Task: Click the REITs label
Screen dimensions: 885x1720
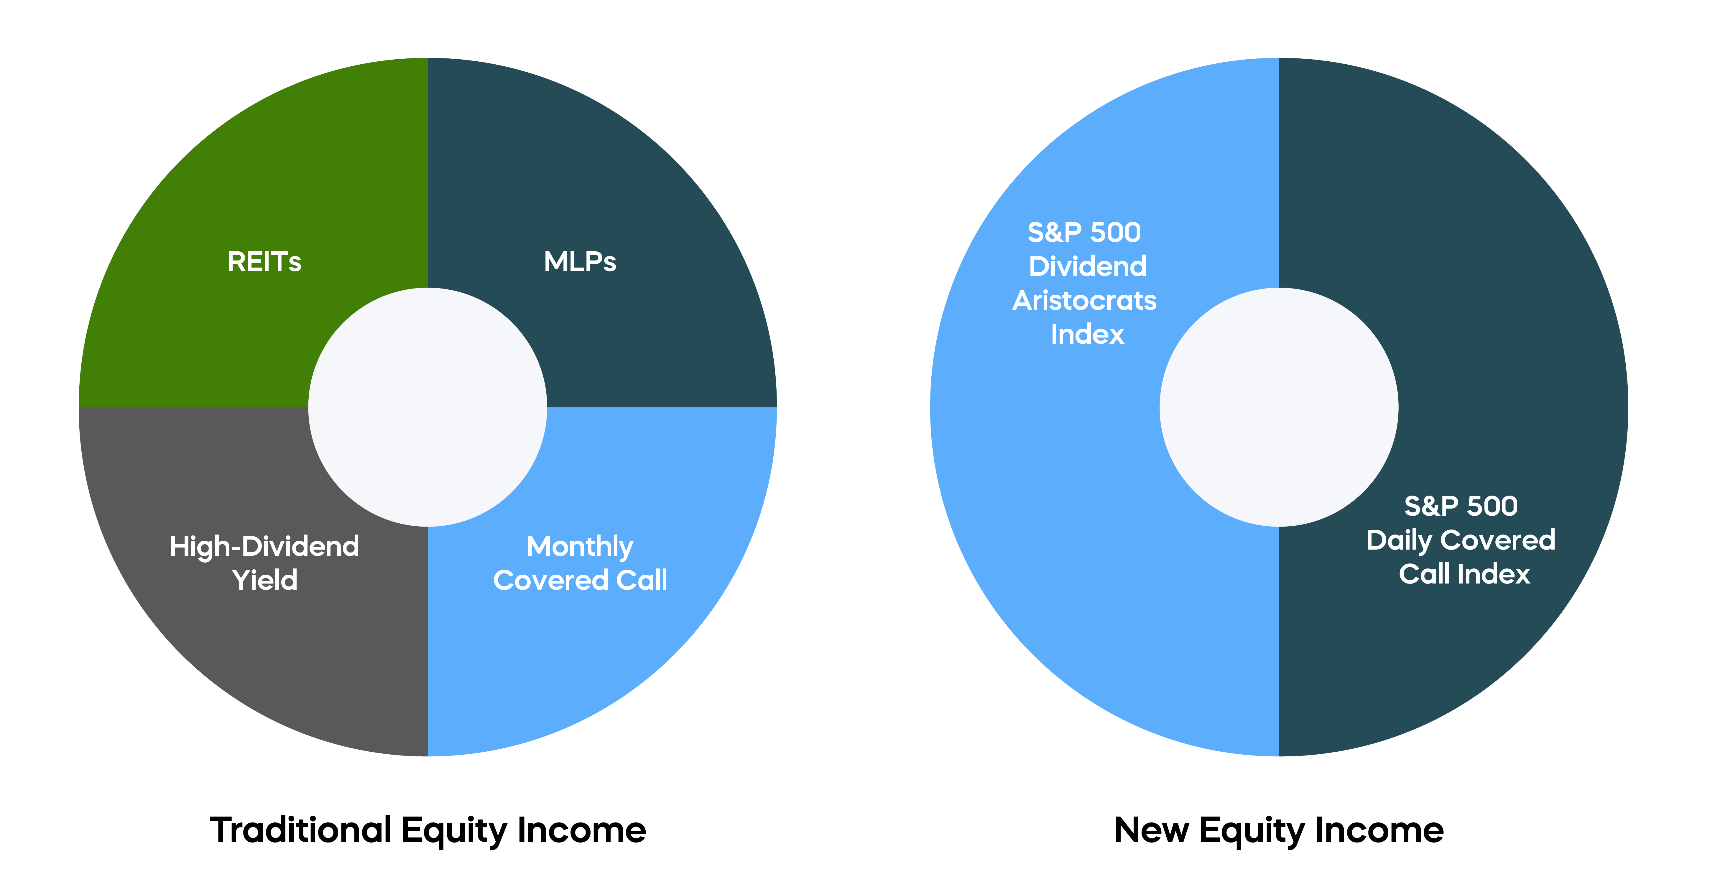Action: point(264,262)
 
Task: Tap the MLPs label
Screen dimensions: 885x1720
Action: point(580,262)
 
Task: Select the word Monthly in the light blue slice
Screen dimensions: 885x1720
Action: point(580,546)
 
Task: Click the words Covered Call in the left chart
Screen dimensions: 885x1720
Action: point(580,580)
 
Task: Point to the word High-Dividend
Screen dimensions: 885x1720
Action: point(264,546)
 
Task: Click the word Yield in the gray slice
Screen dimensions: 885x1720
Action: point(264,580)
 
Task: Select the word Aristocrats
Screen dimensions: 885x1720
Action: point(1084,301)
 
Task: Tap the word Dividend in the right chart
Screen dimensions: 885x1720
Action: point(1087,266)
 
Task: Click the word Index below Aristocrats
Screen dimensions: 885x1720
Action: point(1087,334)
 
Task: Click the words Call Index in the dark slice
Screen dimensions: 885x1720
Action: point(1464,574)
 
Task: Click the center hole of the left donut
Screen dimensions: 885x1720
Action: point(427,407)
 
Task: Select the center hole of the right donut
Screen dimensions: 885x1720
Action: point(1279,407)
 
